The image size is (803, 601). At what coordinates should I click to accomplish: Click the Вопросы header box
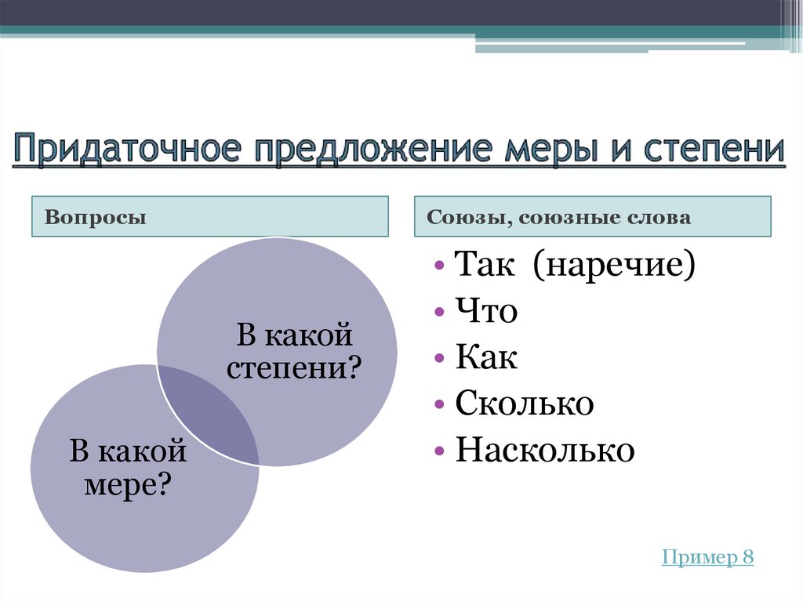(x=210, y=216)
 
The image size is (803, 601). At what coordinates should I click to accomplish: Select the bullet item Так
(x=484, y=266)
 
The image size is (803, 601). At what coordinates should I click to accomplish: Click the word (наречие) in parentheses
(x=613, y=266)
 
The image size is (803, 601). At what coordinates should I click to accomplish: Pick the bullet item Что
(x=486, y=312)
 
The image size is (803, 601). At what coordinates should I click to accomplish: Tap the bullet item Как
(x=486, y=358)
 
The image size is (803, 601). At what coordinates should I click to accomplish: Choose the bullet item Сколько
(x=524, y=404)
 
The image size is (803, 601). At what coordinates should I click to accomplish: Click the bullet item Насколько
(x=544, y=451)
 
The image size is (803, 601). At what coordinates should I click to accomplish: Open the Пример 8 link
(x=707, y=557)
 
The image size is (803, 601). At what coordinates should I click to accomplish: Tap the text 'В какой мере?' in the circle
(x=128, y=468)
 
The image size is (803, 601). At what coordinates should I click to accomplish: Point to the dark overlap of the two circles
(x=209, y=415)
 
